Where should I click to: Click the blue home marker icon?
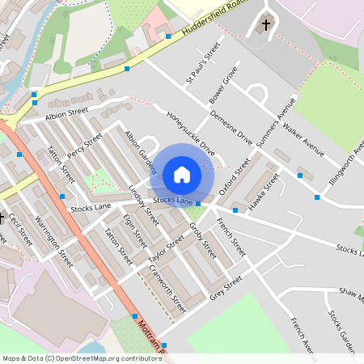click(x=182, y=174)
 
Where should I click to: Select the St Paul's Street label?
click(x=202, y=64)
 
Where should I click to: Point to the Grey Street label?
click(x=226, y=286)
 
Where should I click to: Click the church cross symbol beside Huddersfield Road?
click(x=266, y=25)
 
